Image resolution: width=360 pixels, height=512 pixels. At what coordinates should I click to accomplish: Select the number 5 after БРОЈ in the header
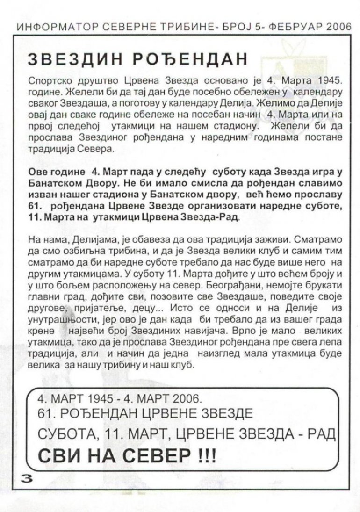pos(252,26)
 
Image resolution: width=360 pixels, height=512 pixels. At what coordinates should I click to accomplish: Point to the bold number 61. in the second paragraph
pos(36,206)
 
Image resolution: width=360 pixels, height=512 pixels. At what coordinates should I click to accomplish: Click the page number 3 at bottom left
pos(24,478)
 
